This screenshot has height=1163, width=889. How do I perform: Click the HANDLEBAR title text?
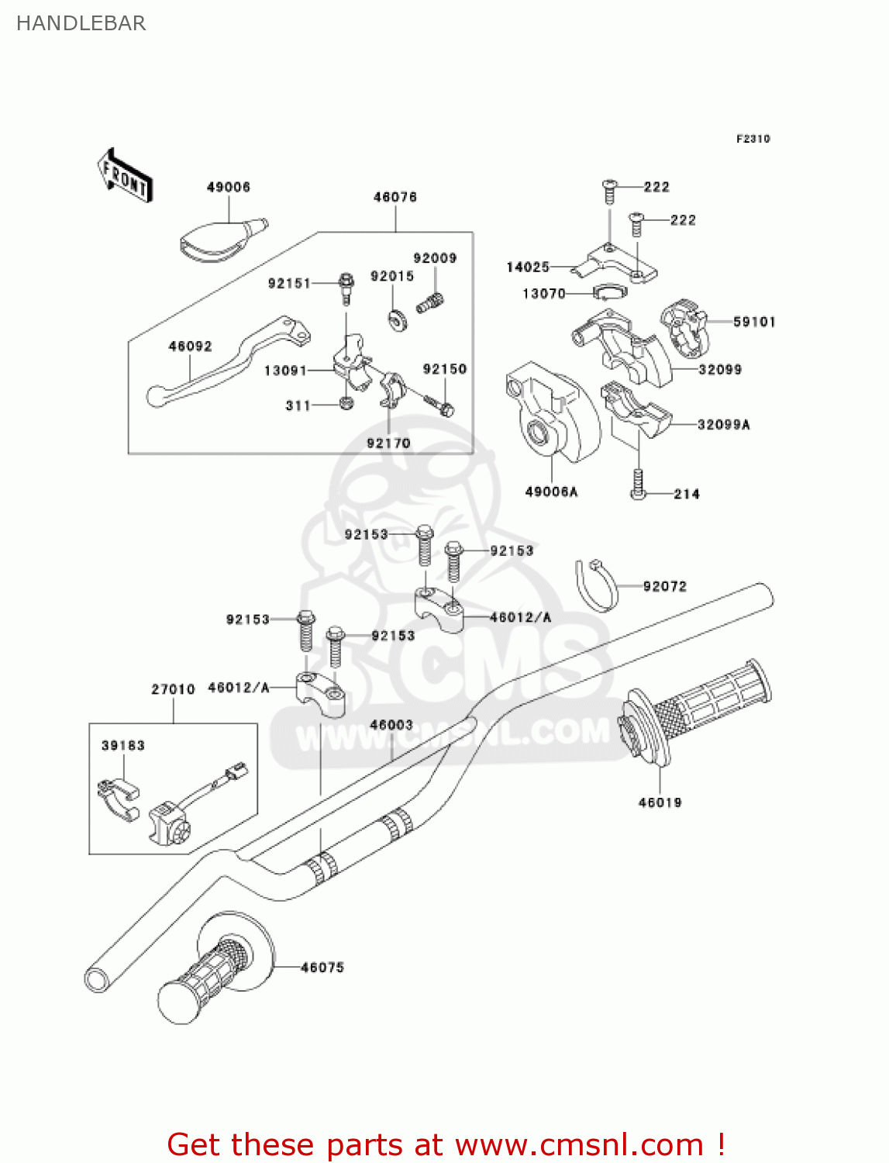tap(81, 23)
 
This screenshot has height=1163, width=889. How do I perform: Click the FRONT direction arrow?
tap(125, 177)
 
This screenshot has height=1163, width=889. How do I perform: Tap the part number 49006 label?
tap(228, 187)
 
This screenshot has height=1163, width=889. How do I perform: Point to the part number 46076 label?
tap(395, 197)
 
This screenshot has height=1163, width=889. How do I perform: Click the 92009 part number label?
tap(435, 258)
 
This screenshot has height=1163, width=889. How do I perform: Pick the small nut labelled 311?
tap(346, 403)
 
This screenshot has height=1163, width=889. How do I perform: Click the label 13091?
tap(285, 371)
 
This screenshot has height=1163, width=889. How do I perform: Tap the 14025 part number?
tap(528, 267)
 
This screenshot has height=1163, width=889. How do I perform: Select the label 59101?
tap(754, 322)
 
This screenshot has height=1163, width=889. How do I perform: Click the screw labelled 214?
tap(638, 484)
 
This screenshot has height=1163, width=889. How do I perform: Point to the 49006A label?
tap(551, 492)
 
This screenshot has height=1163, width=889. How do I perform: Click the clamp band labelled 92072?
tap(597, 585)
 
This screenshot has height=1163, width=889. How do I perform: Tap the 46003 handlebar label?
tap(391, 725)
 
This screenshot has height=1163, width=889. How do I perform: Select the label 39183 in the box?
tap(123, 745)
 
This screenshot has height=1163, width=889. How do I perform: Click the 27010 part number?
tap(173, 689)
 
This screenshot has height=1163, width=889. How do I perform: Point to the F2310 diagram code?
tap(753, 139)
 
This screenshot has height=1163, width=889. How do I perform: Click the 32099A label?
tap(723, 424)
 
